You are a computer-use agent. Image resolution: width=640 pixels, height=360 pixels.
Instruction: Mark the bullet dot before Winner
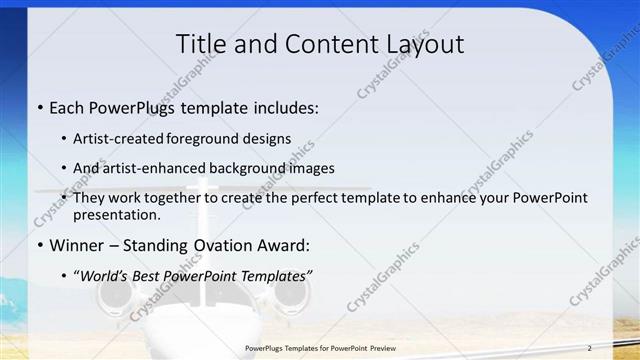(38, 245)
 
